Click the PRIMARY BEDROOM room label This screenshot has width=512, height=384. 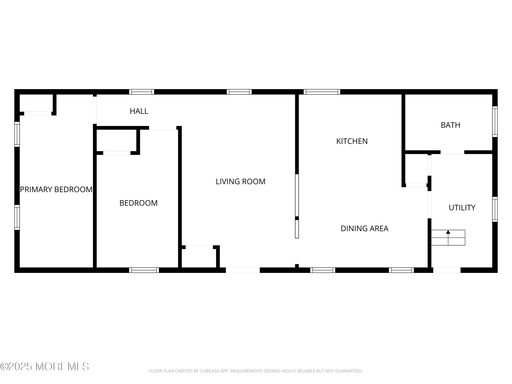(x=56, y=189)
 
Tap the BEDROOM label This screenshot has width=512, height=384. (x=138, y=203)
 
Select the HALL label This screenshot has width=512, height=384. (x=139, y=111)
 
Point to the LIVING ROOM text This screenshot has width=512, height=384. (x=240, y=181)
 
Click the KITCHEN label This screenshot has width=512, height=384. (x=351, y=141)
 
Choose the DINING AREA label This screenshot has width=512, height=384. (x=364, y=228)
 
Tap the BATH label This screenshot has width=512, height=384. (x=450, y=125)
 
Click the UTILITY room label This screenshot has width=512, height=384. (x=462, y=208)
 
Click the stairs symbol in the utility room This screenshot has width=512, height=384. (x=448, y=237)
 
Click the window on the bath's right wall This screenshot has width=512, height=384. (x=494, y=121)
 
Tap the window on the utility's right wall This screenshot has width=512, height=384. (x=494, y=208)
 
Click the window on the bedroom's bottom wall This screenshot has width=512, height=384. (x=144, y=270)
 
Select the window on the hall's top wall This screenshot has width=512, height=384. (x=141, y=92)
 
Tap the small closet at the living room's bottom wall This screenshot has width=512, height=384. (x=200, y=256)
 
